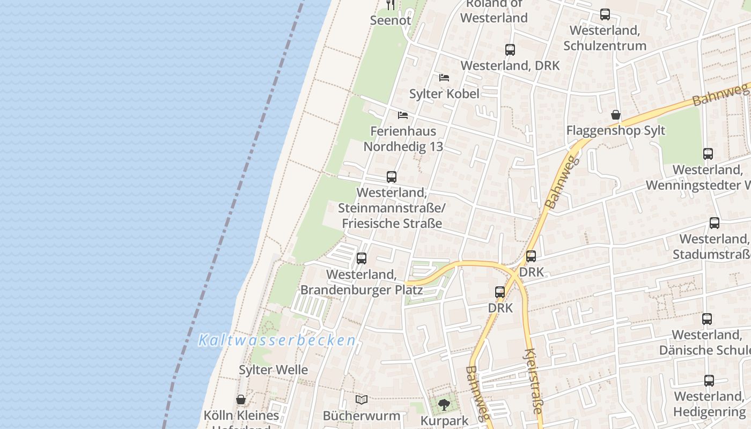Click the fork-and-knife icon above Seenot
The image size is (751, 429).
pos(391,5)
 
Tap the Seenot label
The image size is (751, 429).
pos(391,20)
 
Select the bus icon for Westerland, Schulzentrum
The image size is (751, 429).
pos(605,14)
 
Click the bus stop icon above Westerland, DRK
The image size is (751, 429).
pos(510,50)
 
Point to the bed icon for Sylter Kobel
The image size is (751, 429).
pos(444,78)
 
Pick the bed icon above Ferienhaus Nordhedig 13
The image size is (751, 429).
pos(403,115)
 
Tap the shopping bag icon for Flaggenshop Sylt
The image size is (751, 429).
pos(616,115)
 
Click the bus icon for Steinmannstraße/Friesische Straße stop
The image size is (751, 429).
pos(392,176)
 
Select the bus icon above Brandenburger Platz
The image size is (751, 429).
pos(362,258)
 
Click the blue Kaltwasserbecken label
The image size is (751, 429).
pos(277,340)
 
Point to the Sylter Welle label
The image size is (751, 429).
pos(274,369)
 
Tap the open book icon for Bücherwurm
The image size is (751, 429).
pos(362,400)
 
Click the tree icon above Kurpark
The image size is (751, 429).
pos(444,405)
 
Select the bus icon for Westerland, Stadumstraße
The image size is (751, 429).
pos(715,223)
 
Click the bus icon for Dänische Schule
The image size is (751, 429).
pos(707,319)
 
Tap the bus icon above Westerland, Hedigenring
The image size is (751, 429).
pos(709,381)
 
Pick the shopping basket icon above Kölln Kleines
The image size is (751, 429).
pos(241,400)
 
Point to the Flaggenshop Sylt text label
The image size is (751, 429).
pos(616,130)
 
